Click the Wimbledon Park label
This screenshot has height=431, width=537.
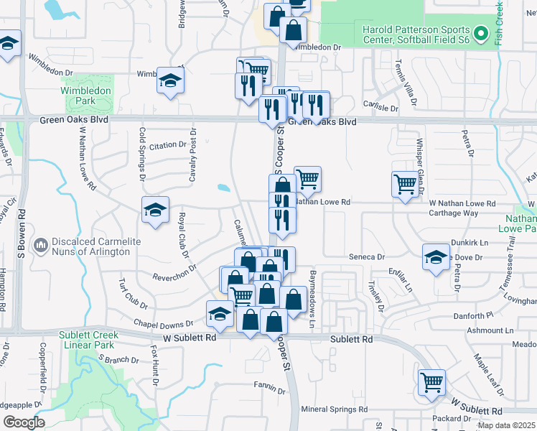coord(85,96)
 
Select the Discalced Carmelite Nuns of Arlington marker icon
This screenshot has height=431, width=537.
coord(40,246)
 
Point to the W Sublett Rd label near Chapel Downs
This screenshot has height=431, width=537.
coord(190,337)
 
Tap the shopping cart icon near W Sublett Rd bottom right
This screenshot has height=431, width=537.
coord(432,381)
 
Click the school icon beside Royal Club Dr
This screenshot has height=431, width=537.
coord(155,209)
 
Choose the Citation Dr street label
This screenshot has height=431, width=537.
coord(167,145)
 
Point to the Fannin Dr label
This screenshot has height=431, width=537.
coord(269,387)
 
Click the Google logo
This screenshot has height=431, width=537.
coord(24,422)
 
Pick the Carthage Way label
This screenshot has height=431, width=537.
coord(453,213)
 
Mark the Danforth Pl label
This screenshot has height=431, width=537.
coord(470,315)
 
